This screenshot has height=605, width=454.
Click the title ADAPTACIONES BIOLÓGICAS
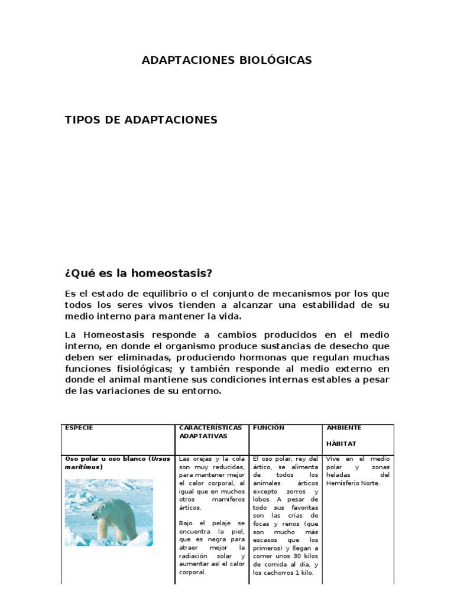[x=226, y=60]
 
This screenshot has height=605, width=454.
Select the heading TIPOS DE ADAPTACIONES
[x=141, y=120]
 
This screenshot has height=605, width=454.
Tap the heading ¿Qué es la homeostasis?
[x=138, y=274]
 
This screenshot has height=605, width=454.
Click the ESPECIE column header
[x=79, y=428]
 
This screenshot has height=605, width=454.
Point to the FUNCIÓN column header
[x=268, y=428]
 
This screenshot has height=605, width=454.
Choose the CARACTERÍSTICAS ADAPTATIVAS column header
[x=202, y=431]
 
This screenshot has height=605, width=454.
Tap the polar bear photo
[x=108, y=512]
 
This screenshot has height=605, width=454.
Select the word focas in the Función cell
[x=261, y=524]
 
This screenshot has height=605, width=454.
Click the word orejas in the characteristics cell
[x=202, y=459]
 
